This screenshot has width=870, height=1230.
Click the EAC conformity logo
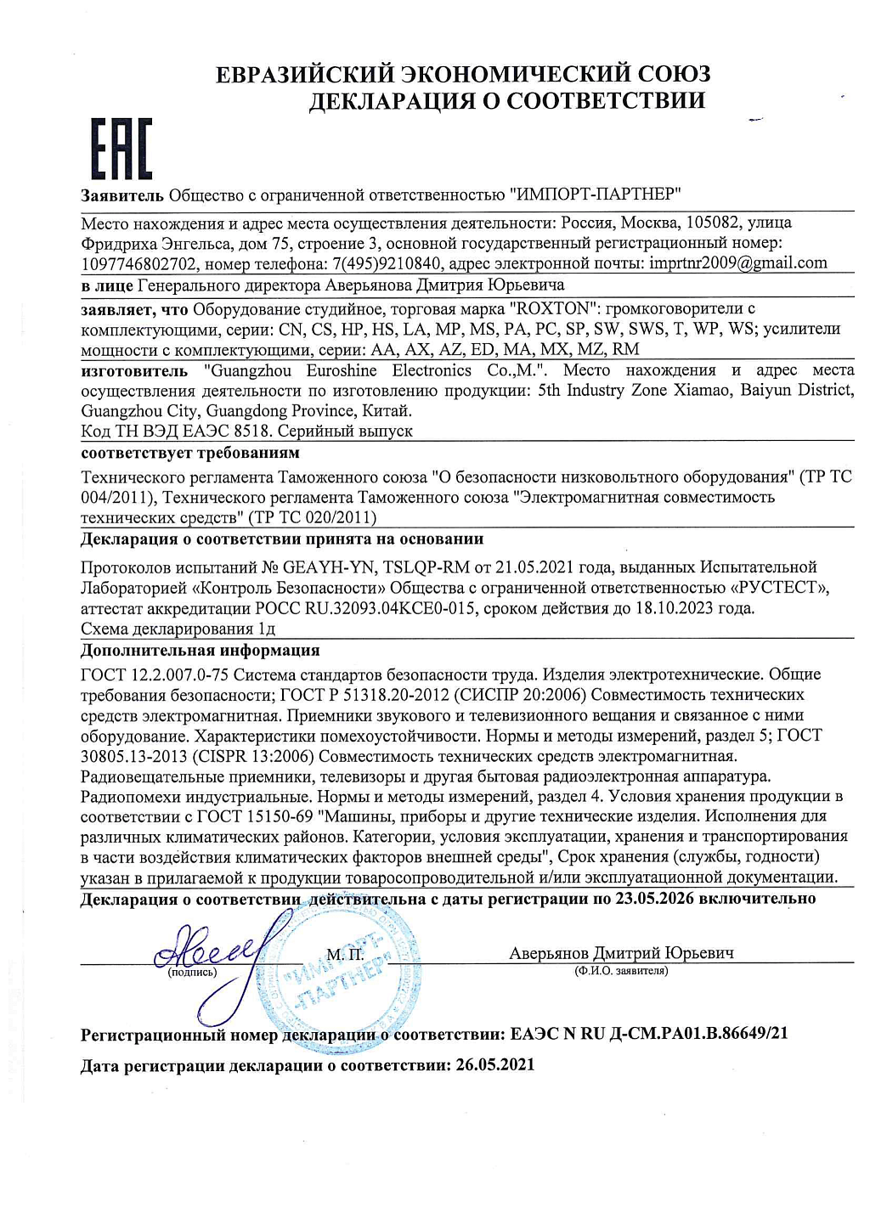point(121,149)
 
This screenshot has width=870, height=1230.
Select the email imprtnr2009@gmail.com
point(737,263)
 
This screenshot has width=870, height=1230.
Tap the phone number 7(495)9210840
point(387,263)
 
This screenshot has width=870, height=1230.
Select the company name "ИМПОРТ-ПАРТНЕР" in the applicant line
point(595,195)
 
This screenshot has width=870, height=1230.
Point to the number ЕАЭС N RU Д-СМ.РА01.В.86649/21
point(649,1034)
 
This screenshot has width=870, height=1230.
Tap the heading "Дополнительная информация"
point(200,651)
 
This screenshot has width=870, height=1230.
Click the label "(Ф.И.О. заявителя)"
point(621,970)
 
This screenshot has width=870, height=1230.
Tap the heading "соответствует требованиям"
point(190,453)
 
